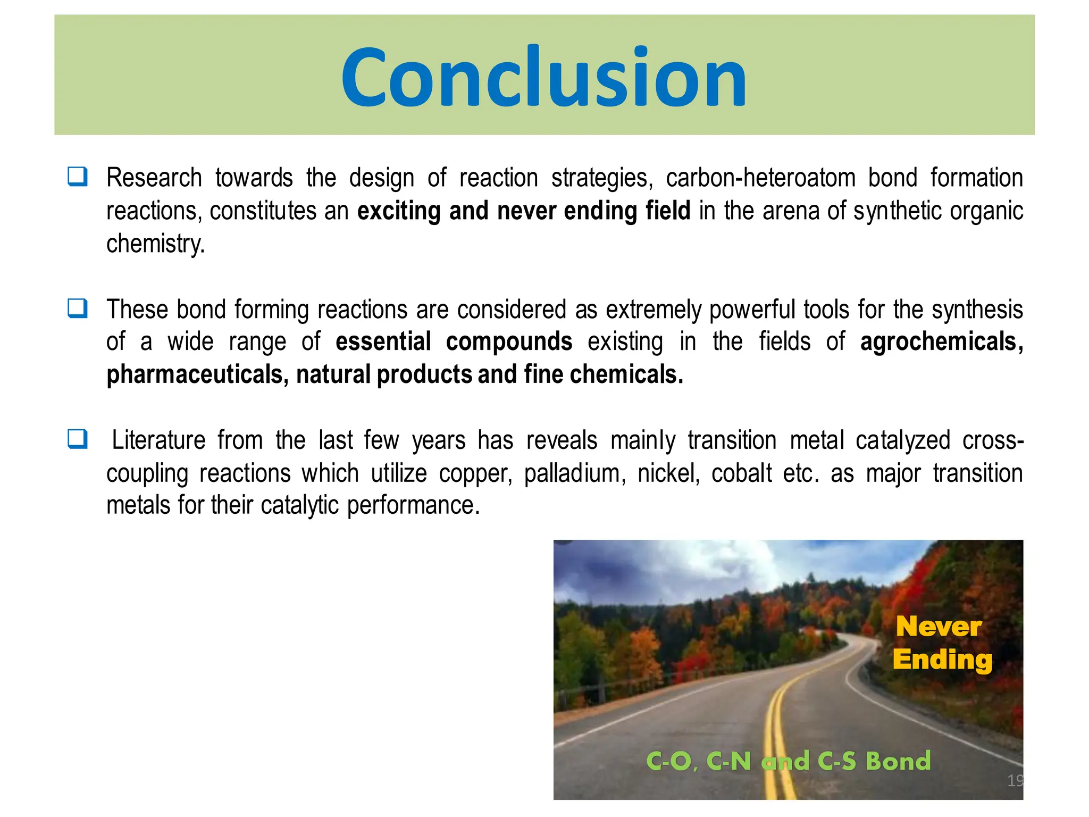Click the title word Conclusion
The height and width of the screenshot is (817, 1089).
pyautogui.click(x=544, y=77)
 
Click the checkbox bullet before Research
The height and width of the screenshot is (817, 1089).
pyautogui.click(x=78, y=177)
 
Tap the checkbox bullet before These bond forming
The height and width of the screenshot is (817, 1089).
pyautogui.click(x=78, y=308)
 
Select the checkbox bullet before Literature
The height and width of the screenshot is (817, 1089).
pyautogui.click(x=78, y=439)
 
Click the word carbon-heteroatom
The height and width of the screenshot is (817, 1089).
pyautogui.click(x=760, y=178)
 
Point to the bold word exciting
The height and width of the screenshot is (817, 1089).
pyautogui.click(x=399, y=211)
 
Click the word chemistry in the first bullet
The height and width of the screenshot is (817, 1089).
pyautogui.click(x=155, y=244)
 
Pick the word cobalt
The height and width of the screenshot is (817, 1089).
pyautogui.click(x=741, y=473)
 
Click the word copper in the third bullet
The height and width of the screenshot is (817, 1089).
pyautogui.click(x=475, y=473)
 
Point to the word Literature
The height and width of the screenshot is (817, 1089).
pyautogui.click(x=158, y=440)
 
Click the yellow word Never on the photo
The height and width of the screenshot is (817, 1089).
pyautogui.click(x=939, y=627)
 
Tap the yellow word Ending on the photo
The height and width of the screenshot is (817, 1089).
pyautogui.click(x=942, y=660)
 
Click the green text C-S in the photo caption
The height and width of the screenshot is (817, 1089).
pyautogui.click(x=836, y=761)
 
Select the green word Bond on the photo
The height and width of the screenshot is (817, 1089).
pyautogui.click(x=898, y=761)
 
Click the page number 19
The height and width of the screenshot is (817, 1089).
pyautogui.click(x=1015, y=780)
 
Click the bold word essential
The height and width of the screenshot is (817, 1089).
pyautogui.click(x=383, y=341)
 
